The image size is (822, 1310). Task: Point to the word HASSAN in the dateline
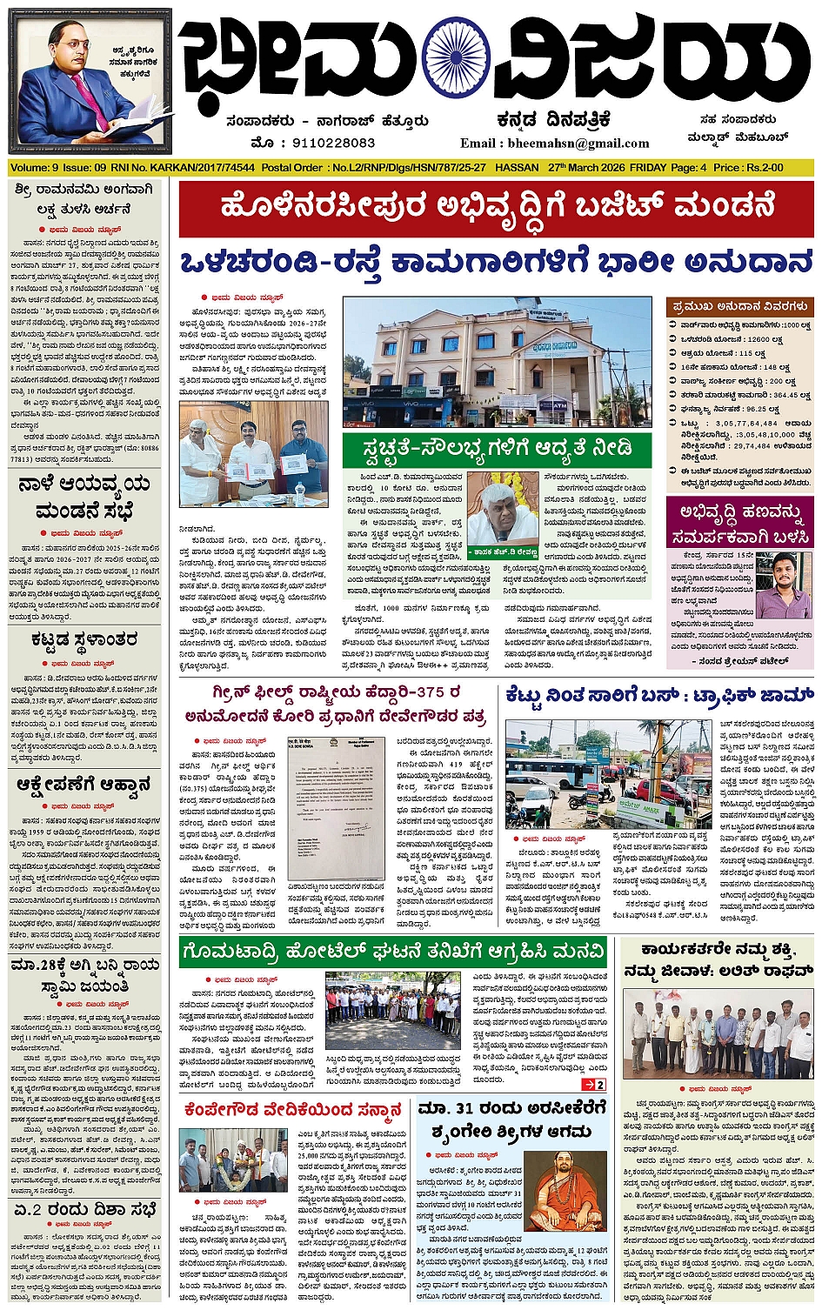517,167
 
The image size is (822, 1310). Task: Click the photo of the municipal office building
497,362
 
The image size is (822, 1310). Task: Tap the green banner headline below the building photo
497,451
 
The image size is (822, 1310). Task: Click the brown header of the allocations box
740,306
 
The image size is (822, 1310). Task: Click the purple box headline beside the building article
739,523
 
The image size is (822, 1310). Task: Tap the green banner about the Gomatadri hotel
392,951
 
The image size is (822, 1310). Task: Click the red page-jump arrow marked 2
594,1085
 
